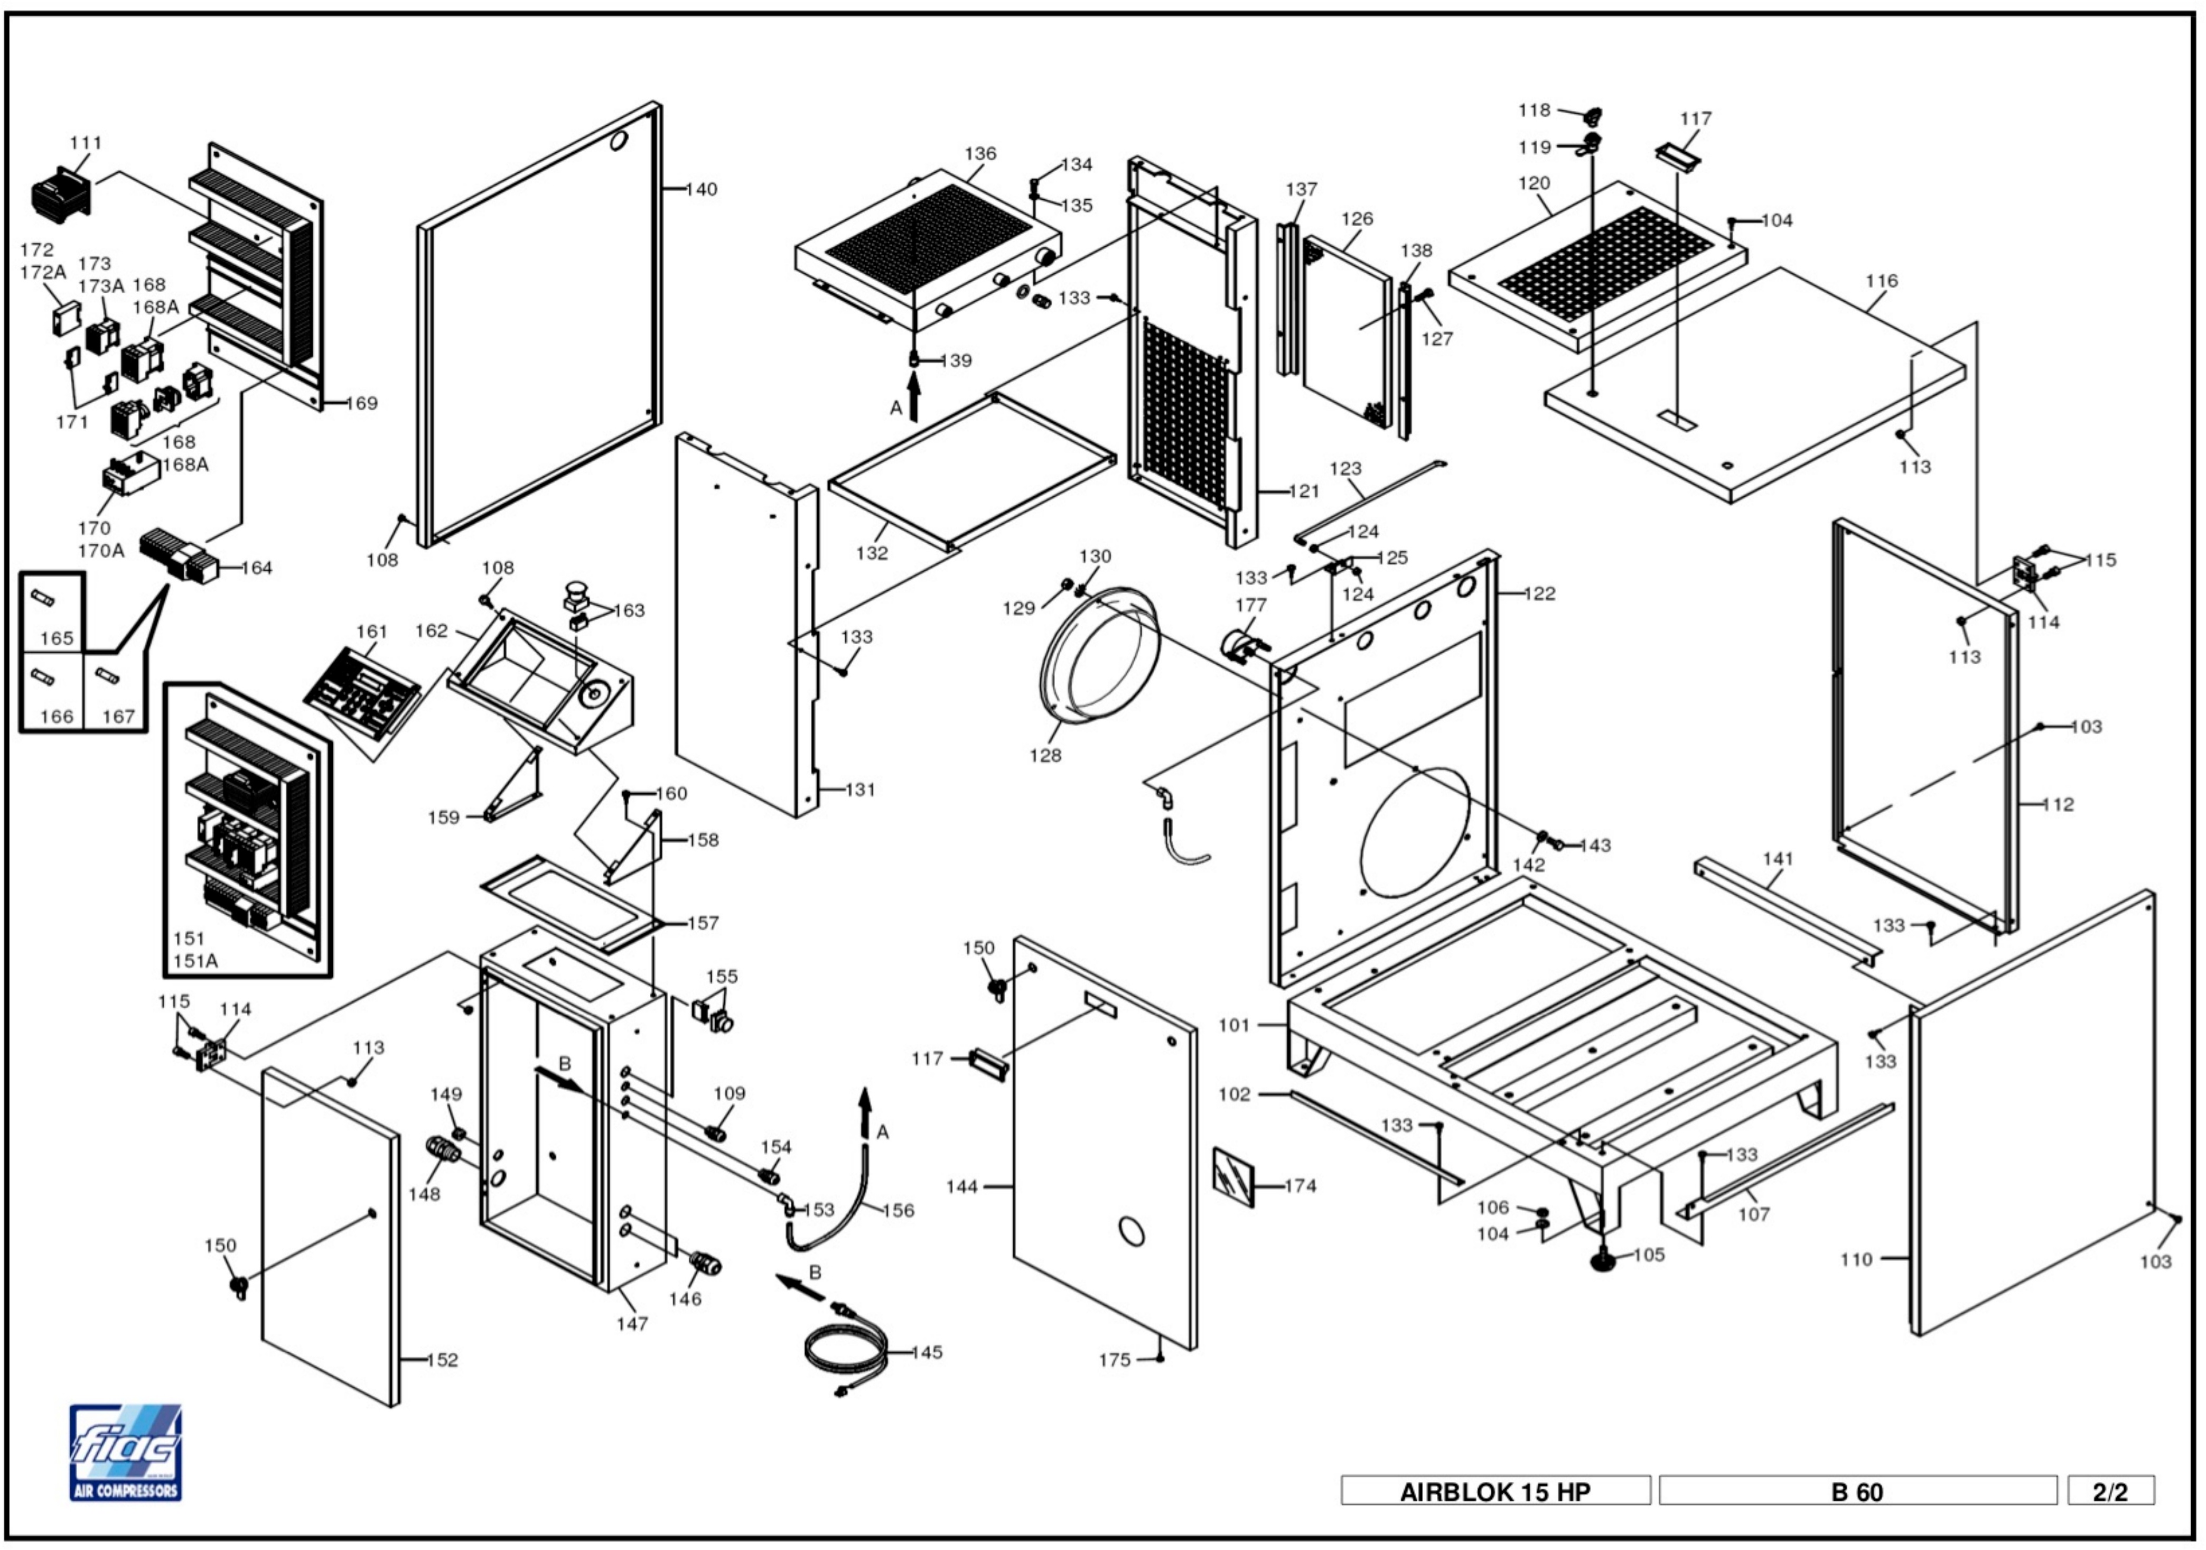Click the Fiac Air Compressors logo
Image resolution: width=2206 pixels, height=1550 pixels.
tap(125, 1452)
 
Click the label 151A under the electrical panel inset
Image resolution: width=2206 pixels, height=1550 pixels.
tap(195, 961)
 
